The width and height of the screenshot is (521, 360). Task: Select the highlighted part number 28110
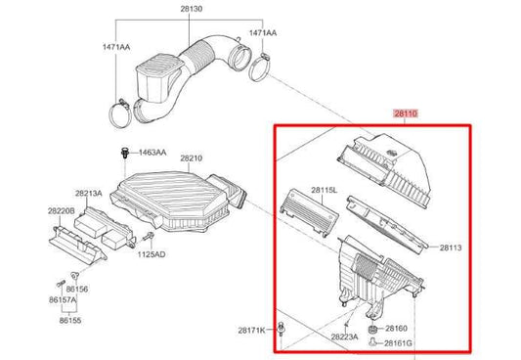pyautogui.click(x=405, y=114)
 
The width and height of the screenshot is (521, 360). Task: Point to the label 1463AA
pyautogui.click(x=152, y=154)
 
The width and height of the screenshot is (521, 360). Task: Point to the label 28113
pyautogui.click(x=450, y=248)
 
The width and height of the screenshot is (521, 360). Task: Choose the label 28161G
pyautogui.click(x=399, y=343)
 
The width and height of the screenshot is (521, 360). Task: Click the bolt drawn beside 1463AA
pyautogui.click(x=125, y=152)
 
